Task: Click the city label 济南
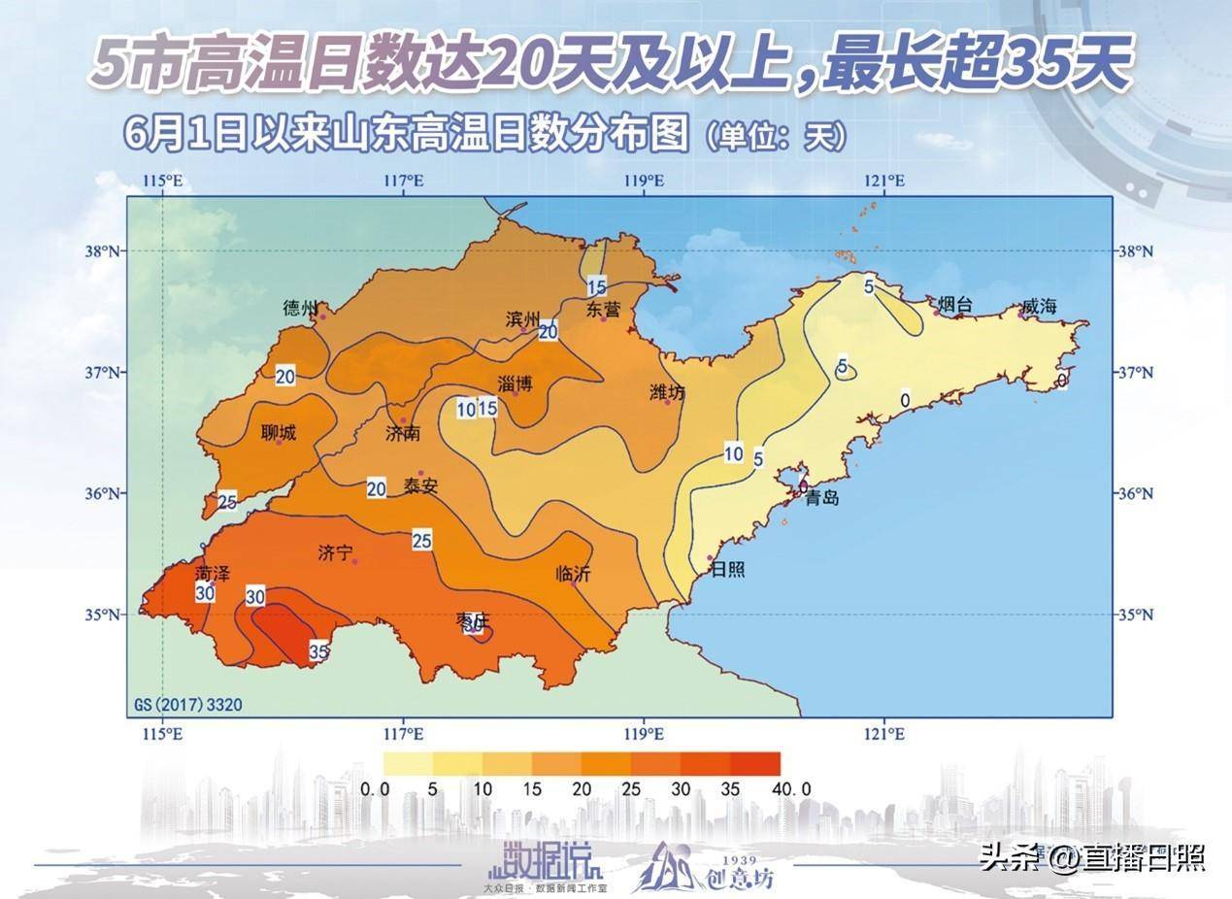pos(403,433)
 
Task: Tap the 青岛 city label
pos(822,498)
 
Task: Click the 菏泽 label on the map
pos(213,574)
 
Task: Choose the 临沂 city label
pos(573,574)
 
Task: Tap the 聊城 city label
pos(279,433)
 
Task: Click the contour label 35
pos(318,651)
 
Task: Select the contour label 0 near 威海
pos(904,399)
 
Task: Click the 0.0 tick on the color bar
pos(376,789)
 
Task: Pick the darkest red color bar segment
pos(755,763)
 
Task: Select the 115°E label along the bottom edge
pos(162,733)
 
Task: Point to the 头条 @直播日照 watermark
pos(1091,857)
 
